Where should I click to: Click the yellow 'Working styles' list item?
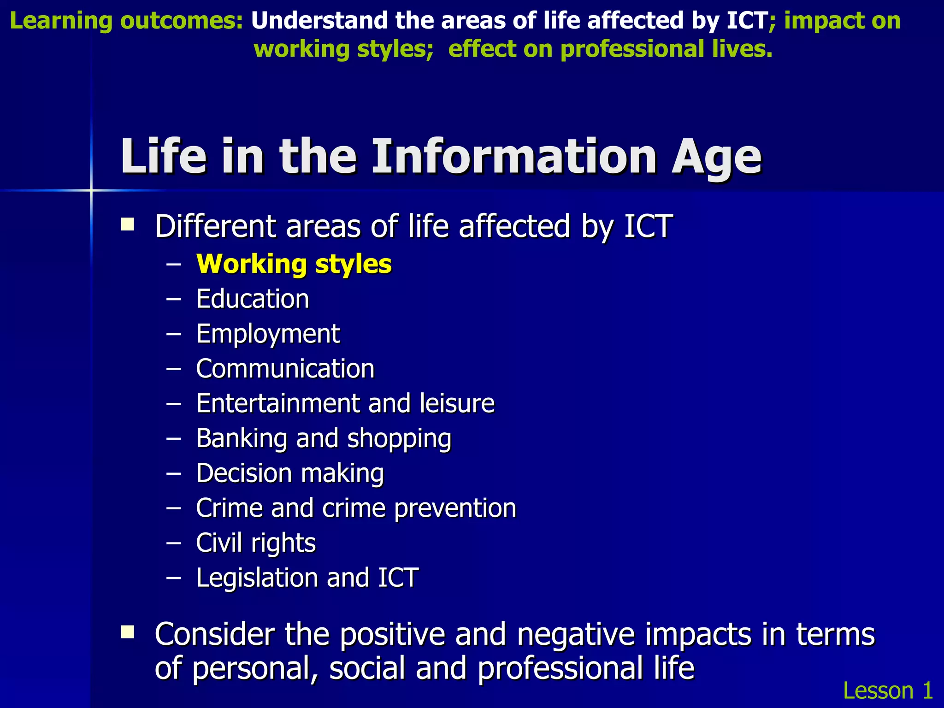coord(294,264)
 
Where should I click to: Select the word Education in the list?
coord(252,299)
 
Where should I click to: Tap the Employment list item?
coord(268,334)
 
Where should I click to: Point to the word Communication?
coord(285,369)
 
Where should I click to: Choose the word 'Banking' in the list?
coord(242,438)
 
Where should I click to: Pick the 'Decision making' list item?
coord(290,473)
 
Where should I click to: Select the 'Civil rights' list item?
coord(256,543)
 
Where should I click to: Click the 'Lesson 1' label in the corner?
coord(888,690)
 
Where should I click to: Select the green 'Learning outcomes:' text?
coord(126,21)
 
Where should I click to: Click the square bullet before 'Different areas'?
coord(128,225)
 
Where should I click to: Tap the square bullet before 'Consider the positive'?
coord(128,632)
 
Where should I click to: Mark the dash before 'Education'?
coord(174,299)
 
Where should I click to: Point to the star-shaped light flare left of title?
coord(91,190)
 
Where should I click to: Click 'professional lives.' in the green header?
coord(666,49)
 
